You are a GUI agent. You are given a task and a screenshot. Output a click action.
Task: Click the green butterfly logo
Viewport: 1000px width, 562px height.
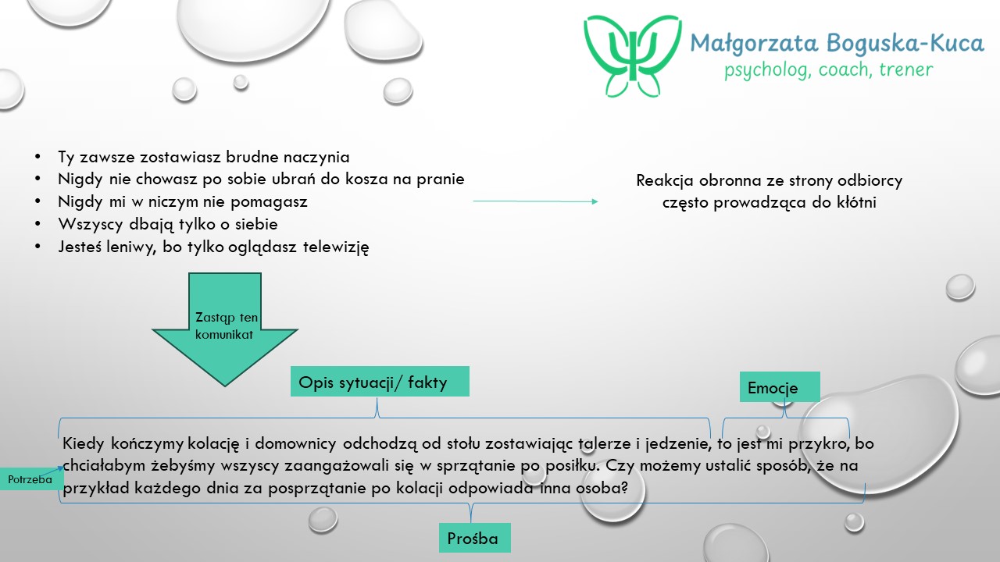coord(633,55)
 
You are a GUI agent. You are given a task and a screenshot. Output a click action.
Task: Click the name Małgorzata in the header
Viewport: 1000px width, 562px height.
coord(754,44)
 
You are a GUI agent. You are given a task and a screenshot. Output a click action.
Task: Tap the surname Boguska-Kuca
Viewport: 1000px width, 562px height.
coord(905,43)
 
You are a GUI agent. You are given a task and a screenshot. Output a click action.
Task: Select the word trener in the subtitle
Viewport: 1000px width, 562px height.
coord(905,69)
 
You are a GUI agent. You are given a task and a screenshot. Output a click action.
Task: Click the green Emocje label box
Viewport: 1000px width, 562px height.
coord(780,386)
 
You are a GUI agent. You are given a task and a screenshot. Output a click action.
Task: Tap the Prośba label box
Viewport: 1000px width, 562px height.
coord(474,538)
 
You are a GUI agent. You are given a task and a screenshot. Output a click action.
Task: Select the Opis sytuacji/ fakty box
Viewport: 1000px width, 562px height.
coord(380,382)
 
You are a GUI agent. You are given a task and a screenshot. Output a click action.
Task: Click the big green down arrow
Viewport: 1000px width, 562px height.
coord(224,329)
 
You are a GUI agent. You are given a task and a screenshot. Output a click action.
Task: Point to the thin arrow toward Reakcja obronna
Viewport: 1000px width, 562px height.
coord(535,201)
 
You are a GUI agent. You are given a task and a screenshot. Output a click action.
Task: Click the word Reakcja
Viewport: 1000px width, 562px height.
coord(665,181)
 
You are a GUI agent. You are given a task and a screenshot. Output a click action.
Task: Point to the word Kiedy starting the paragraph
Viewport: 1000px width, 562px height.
coord(83,444)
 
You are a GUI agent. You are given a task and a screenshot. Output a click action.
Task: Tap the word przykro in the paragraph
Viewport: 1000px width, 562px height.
coord(813,444)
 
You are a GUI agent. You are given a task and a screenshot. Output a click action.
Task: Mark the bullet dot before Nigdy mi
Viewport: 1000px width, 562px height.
coord(37,201)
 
